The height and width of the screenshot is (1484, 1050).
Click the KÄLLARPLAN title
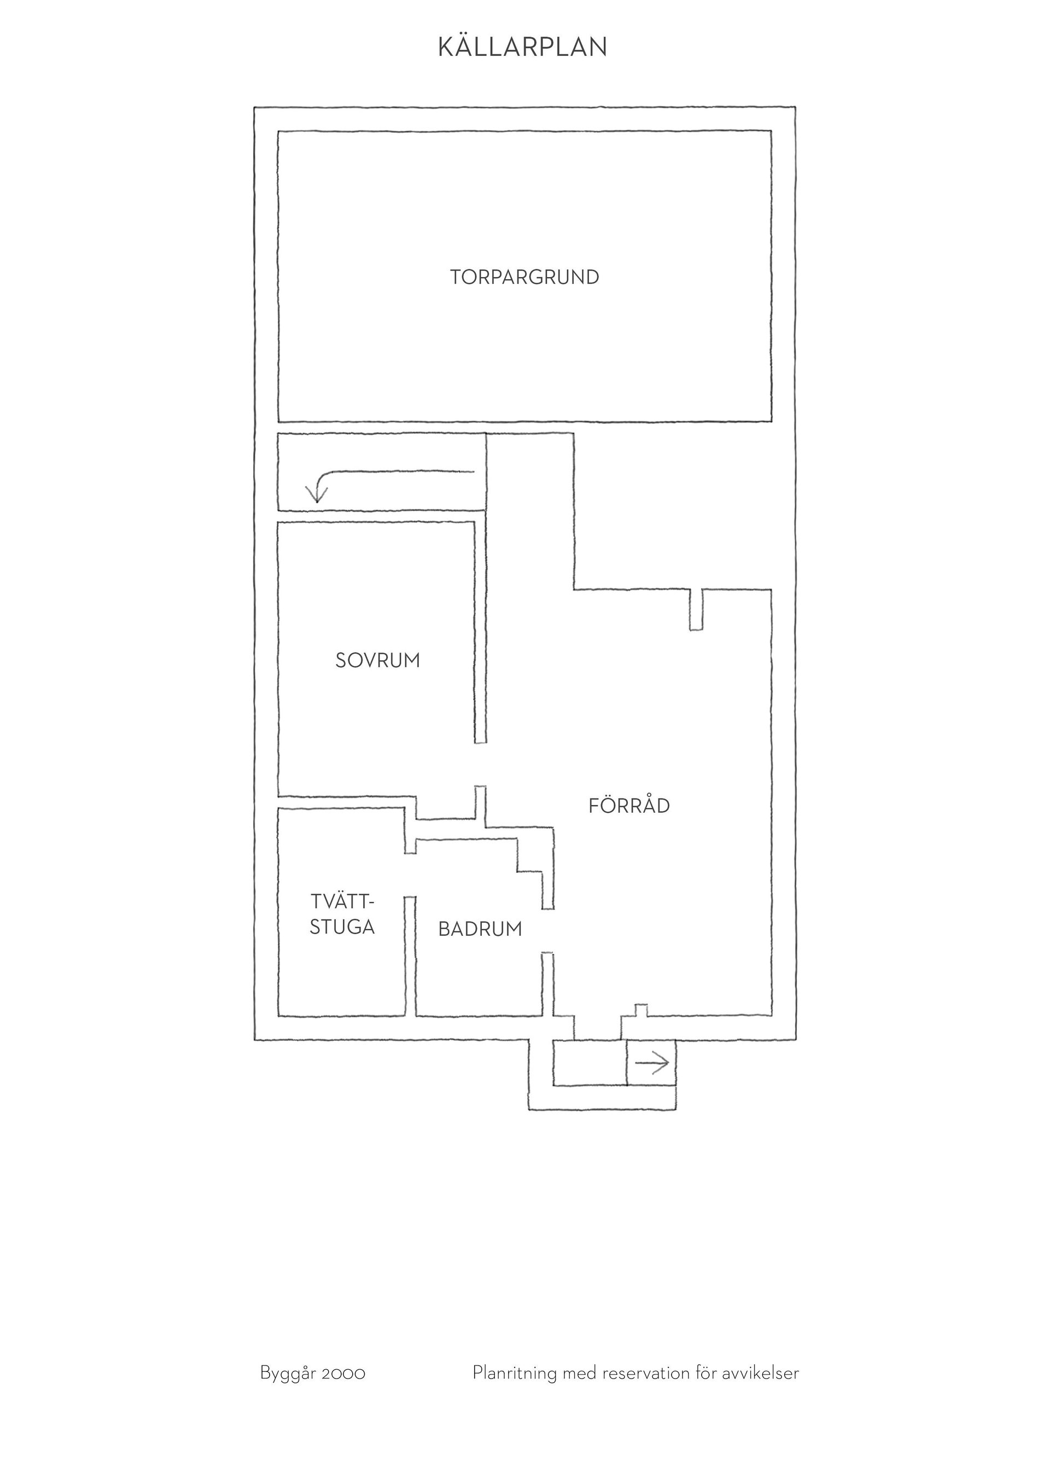(522, 46)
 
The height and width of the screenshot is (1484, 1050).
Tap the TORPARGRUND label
(524, 277)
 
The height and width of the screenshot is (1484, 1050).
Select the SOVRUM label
(377, 661)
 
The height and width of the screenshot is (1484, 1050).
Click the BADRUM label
(480, 929)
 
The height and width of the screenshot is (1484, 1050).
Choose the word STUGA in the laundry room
(342, 927)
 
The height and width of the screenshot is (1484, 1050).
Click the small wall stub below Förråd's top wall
(696, 609)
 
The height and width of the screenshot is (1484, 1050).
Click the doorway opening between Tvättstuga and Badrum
(410, 875)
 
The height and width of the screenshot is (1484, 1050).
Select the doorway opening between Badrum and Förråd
(547, 931)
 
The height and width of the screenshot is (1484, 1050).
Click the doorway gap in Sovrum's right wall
(480, 765)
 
